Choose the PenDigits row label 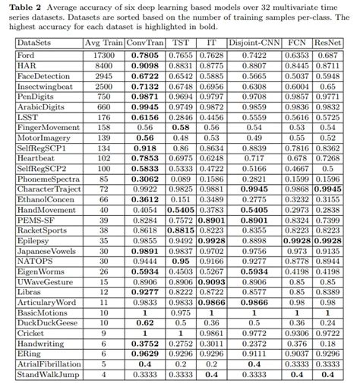point(36,97)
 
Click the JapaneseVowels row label point(46,249)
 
